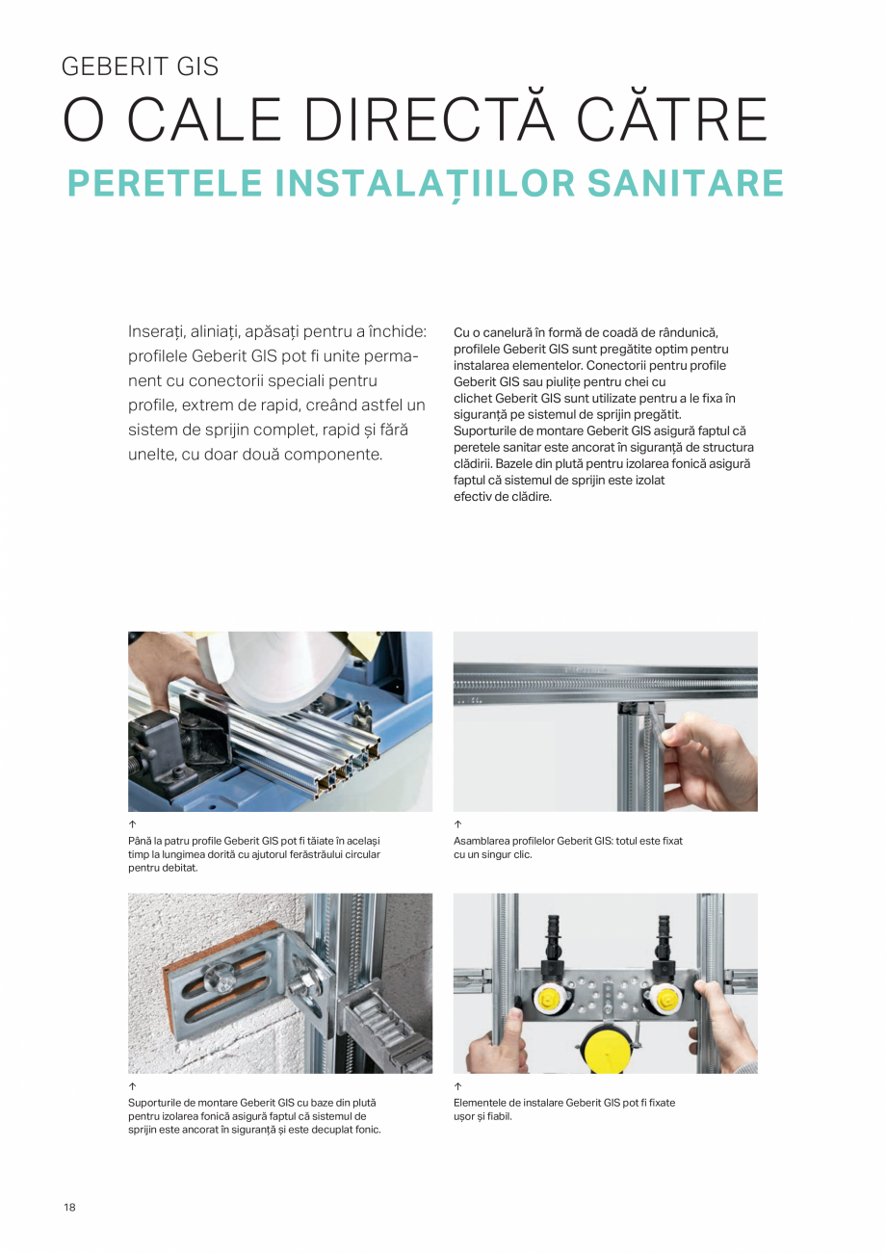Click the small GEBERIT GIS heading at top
click(140, 66)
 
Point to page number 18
click(69, 1208)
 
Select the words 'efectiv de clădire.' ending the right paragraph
click(502, 497)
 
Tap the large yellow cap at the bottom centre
click(604, 1050)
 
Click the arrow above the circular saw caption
click(132, 825)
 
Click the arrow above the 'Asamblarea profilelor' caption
click(457, 825)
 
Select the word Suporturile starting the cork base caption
click(156, 1103)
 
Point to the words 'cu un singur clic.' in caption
click(492, 854)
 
